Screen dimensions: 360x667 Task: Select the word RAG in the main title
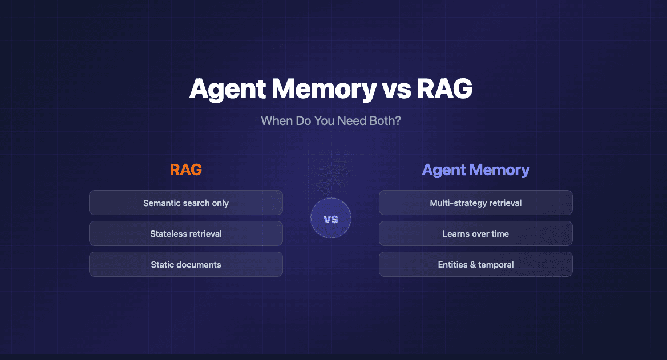pos(444,90)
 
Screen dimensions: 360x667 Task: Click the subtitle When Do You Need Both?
pos(331,121)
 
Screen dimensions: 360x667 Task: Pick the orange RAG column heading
pos(186,169)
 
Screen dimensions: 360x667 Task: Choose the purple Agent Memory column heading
pos(476,169)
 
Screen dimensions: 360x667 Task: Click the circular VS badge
pos(331,219)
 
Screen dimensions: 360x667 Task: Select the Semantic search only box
pos(186,203)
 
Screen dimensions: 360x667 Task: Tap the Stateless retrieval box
pos(186,233)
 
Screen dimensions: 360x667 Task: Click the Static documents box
pos(186,264)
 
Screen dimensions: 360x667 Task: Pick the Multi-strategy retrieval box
pos(476,203)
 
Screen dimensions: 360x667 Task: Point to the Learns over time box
pos(476,233)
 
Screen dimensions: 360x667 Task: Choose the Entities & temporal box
pos(476,264)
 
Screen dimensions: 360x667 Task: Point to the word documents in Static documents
pos(199,264)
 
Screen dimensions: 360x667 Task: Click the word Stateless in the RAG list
pos(166,233)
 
